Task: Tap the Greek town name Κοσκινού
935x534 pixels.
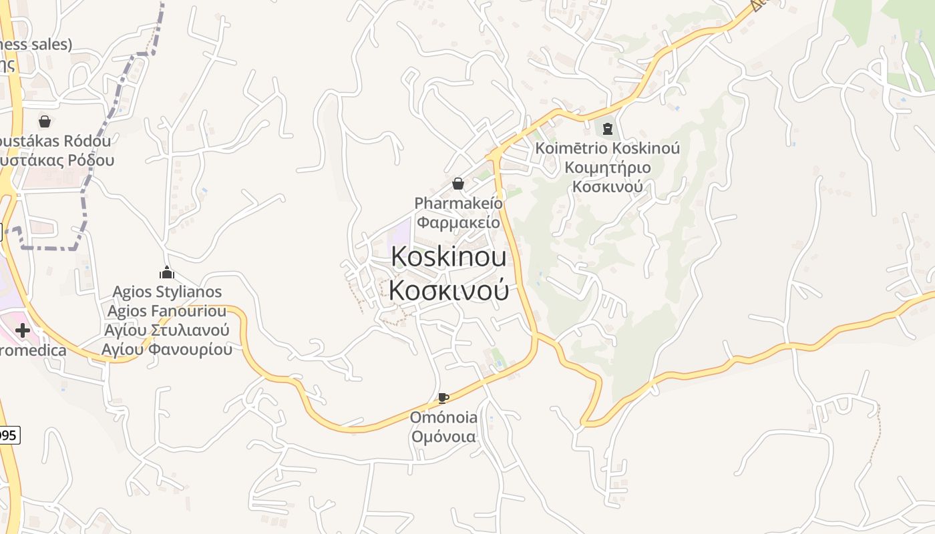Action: (448, 290)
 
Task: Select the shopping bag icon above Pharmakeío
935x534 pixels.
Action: (458, 184)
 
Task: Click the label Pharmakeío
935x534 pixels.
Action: (458, 203)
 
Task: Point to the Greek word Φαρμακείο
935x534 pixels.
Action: (458, 222)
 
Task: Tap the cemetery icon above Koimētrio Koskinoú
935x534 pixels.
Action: (607, 128)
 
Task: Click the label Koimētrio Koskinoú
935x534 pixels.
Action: (607, 148)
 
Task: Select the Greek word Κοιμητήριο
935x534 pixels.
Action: (607, 167)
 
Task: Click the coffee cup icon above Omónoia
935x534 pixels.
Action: (443, 398)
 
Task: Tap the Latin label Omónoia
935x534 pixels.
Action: (443, 418)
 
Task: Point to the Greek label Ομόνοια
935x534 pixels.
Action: (443, 437)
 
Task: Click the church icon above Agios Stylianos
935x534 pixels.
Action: (167, 272)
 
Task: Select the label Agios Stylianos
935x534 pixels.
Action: (167, 292)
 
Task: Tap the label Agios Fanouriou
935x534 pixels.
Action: (167, 311)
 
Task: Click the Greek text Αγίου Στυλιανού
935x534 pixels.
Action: (167, 330)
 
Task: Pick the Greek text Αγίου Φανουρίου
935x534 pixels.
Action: (167, 349)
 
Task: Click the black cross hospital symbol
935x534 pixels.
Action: (23, 330)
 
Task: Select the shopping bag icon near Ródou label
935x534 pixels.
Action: (45, 121)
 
